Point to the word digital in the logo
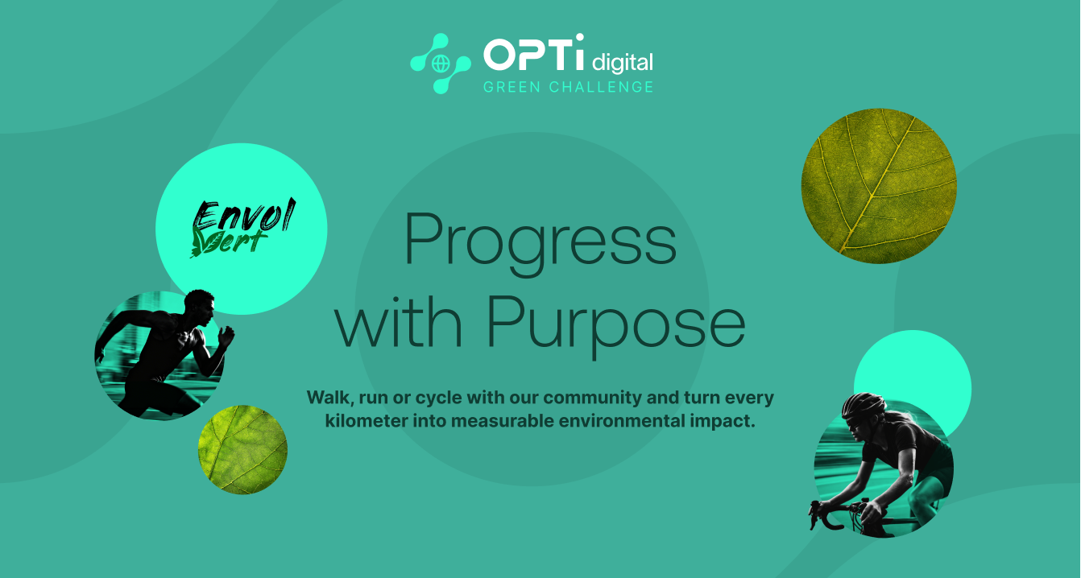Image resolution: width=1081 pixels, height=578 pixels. (622, 61)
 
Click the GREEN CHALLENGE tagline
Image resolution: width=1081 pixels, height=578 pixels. (568, 87)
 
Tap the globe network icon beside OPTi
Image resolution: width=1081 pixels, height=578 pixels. (441, 64)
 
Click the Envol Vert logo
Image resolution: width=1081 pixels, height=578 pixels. (242, 229)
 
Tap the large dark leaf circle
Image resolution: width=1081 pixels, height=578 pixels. (879, 186)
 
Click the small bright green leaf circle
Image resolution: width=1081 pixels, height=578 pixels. (242, 449)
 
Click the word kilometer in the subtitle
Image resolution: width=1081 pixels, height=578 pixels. (362, 421)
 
